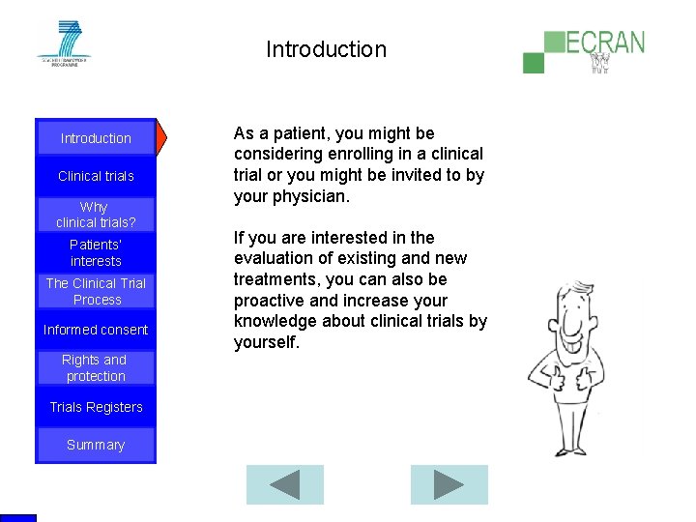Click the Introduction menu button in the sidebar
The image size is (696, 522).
click(x=96, y=138)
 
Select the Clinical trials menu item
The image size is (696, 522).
click(x=96, y=176)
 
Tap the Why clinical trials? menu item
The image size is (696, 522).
click(x=96, y=215)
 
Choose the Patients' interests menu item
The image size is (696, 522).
click(x=96, y=253)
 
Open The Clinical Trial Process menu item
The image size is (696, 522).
click(x=96, y=291)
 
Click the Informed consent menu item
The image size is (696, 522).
click(x=96, y=330)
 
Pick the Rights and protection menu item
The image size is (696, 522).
click(x=96, y=367)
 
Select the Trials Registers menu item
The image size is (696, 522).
click(x=96, y=407)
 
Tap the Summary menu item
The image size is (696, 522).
click(x=96, y=445)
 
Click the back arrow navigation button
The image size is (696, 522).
click(x=284, y=484)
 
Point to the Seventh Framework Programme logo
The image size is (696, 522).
click(x=64, y=43)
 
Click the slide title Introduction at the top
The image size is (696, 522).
click(x=326, y=49)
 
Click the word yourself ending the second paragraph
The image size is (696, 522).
click(x=266, y=341)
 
